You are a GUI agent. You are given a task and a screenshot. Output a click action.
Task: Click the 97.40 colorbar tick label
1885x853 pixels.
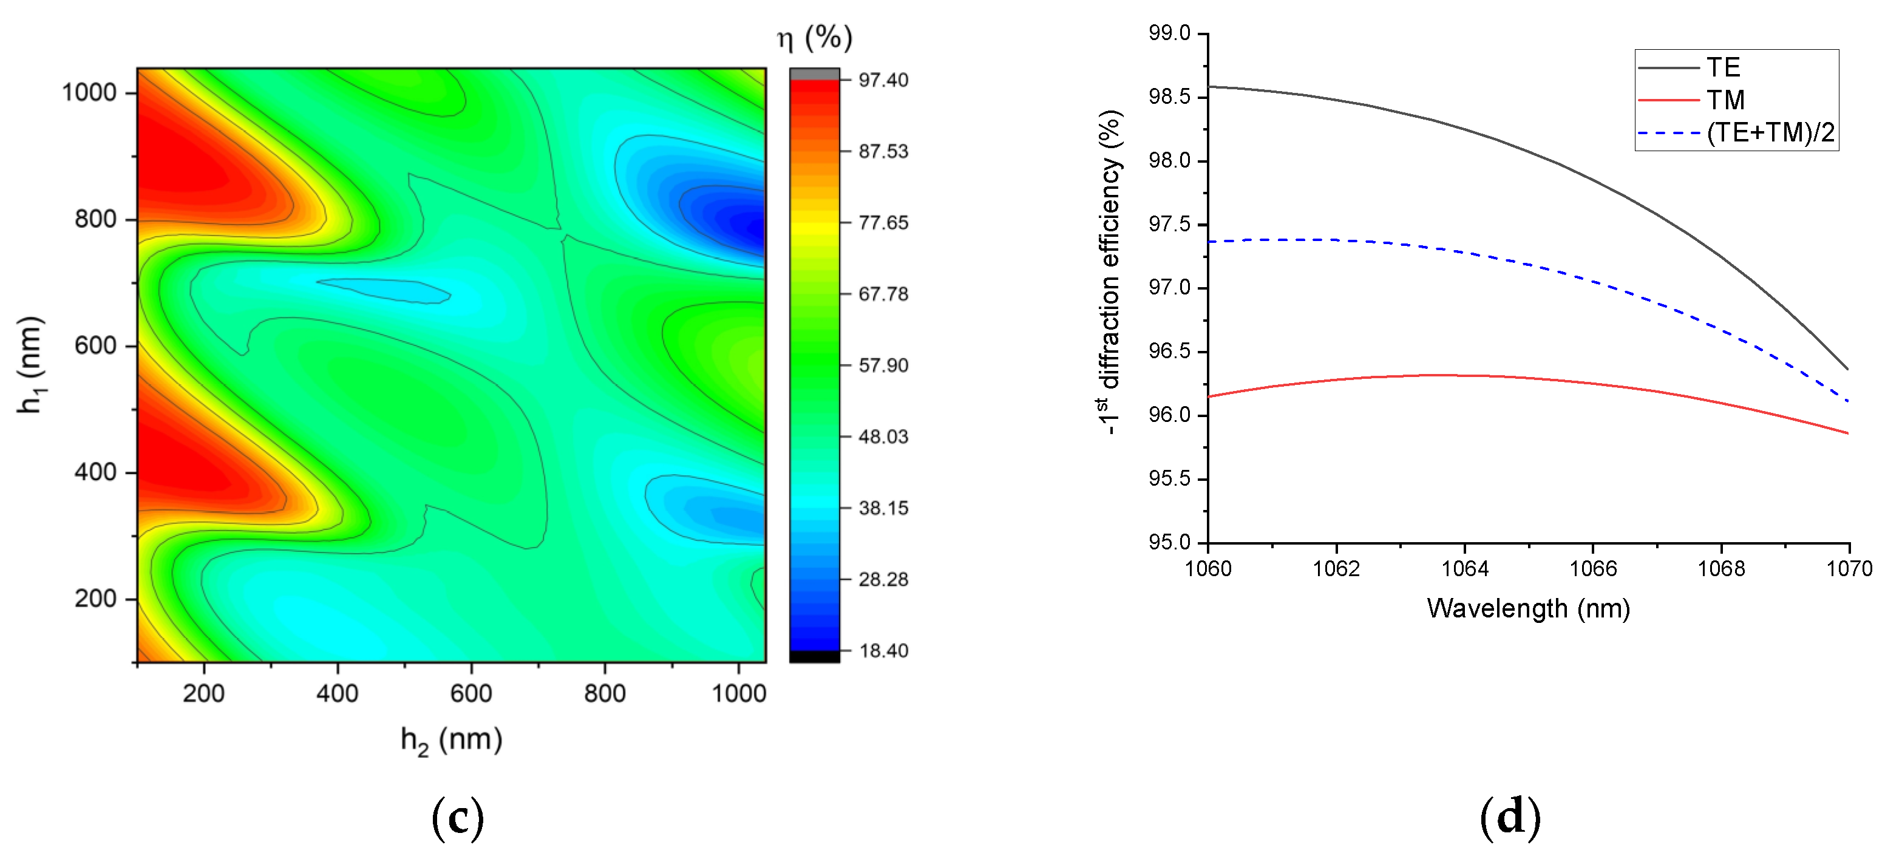pos(883,80)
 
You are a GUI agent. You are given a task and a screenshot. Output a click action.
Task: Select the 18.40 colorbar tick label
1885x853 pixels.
pos(883,650)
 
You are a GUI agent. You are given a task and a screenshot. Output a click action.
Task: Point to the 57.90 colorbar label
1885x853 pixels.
pos(883,365)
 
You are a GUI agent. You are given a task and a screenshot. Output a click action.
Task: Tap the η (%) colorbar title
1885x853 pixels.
pos(815,36)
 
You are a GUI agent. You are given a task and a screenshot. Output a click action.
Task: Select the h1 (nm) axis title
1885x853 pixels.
pos(31,364)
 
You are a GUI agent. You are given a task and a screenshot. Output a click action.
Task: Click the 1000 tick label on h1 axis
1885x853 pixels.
pos(89,93)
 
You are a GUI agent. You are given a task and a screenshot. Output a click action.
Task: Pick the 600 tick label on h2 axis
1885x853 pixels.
pos(470,693)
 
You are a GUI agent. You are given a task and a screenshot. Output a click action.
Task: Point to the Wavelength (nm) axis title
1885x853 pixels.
pos(1528,608)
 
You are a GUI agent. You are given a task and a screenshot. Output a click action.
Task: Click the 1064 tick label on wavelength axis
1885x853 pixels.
pos(1464,568)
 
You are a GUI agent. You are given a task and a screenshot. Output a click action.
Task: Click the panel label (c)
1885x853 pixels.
pos(457,817)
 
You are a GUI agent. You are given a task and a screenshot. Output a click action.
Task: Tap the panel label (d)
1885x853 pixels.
pos(1510,817)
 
